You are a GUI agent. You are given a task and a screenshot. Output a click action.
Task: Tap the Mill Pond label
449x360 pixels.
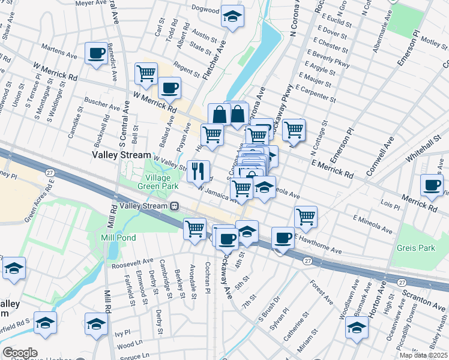(x=118, y=238)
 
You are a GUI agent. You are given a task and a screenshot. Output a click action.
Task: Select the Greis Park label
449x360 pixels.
(x=415, y=247)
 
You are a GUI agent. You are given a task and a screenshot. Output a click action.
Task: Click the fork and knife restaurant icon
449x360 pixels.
(x=198, y=171)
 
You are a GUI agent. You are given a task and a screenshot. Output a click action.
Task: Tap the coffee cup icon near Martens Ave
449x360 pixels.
(x=96, y=54)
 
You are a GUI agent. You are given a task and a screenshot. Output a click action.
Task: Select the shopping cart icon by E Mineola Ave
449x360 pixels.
(x=306, y=217)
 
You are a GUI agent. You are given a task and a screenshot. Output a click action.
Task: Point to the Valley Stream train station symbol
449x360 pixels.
(x=174, y=206)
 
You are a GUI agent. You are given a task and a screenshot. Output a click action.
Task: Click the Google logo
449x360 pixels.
(x=20, y=353)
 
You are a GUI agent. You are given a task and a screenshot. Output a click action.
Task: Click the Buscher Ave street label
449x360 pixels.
(x=102, y=105)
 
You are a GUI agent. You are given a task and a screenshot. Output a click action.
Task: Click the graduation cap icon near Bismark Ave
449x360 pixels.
(x=357, y=329)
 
